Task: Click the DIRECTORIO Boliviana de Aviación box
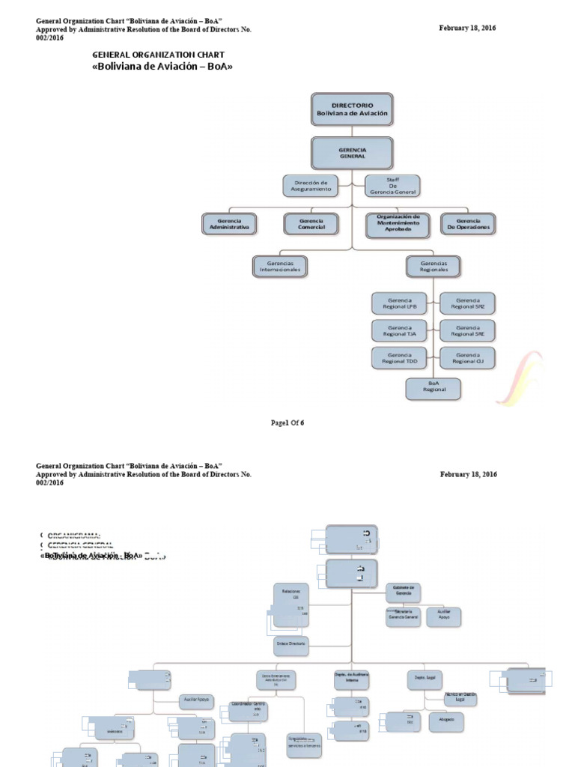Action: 352,109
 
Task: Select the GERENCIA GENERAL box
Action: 352,153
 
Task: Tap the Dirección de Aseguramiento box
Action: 311,186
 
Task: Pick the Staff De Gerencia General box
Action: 392,186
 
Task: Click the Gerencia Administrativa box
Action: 230,224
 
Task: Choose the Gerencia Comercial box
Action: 311,224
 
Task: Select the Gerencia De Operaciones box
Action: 468,224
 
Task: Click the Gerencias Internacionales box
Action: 281,266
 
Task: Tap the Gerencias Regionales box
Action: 433,266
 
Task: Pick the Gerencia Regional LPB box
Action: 400,303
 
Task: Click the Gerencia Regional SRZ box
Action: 467,303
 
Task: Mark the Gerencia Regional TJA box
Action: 400,330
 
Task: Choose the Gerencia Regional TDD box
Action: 400,357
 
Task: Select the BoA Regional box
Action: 433,386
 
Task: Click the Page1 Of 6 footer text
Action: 287,422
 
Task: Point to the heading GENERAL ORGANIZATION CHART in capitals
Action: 158,55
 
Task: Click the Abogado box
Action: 446,722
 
